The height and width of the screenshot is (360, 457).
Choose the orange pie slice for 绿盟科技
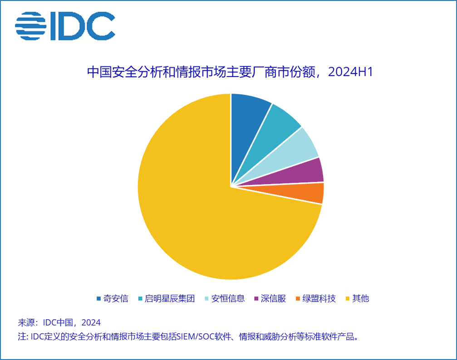pyautogui.click(x=309, y=193)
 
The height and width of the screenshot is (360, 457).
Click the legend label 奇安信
pyautogui.click(x=116, y=298)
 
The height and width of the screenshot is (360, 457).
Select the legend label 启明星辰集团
pyautogui.click(x=169, y=298)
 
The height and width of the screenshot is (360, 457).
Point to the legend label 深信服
pyautogui.click(x=274, y=298)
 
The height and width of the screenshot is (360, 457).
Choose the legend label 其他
pyautogui.click(x=361, y=298)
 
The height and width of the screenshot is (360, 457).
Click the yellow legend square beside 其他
pyautogui.click(x=348, y=298)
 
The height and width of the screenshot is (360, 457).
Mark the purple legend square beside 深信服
pyautogui.click(x=256, y=298)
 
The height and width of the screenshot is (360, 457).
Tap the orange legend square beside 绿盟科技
pyautogui.click(x=298, y=298)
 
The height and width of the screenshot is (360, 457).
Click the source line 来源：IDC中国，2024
pyautogui.click(x=59, y=323)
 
